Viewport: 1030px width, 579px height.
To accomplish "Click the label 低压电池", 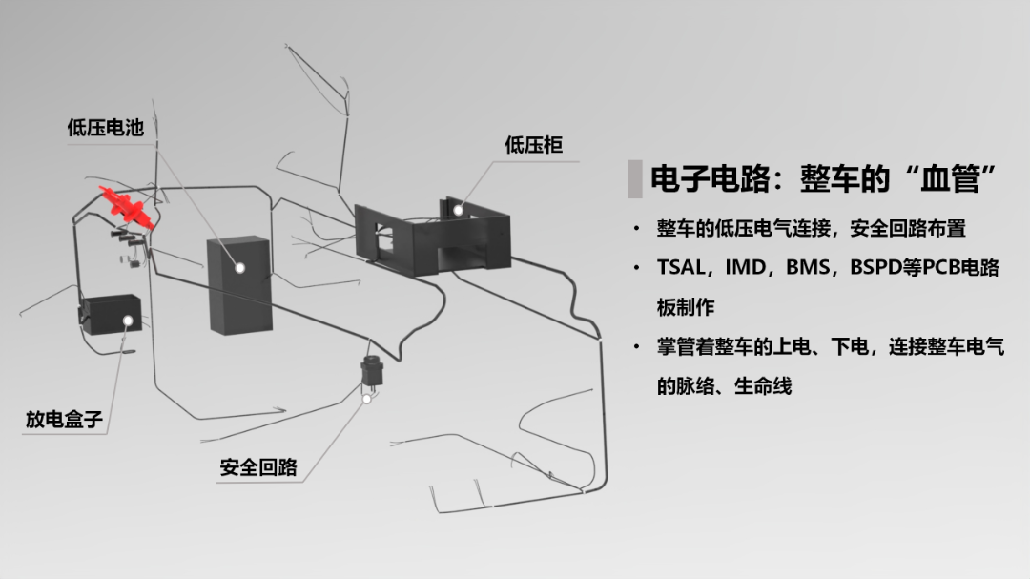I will [x=105, y=127].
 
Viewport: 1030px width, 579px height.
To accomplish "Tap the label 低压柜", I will [x=533, y=145].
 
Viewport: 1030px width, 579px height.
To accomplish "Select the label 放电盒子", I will [x=63, y=419].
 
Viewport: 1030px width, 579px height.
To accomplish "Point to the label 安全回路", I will [x=258, y=467].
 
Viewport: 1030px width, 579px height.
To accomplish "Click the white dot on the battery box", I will [x=239, y=269].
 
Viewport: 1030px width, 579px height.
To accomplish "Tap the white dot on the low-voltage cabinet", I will [x=457, y=210].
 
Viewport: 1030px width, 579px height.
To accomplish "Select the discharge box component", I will [x=111, y=314].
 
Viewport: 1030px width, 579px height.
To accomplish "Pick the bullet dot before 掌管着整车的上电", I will [x=636, y=347].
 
